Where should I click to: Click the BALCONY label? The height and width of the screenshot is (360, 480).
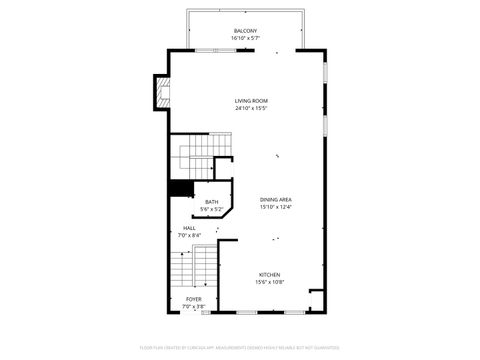pyautogui.click(x=245, y=31)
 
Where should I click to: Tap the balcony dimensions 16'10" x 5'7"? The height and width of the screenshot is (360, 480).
pyautogui.click(x=245, y=38)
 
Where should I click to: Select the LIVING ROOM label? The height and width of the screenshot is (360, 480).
pyautogui.click(x=251, y=101)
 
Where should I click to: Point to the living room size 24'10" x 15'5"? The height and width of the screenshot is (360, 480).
pyautogui.click(x=251, y=108)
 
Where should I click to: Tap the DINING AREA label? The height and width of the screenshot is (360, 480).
pyautogui.click(x=276, y=200)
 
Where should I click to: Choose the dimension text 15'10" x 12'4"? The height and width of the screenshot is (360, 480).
pyautogui.click(x=276, y=207)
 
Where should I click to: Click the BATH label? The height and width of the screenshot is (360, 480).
pyautogui.click(x=212, y=202)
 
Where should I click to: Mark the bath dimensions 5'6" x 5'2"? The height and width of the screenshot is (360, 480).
pyautogui.click(x=212, y=209)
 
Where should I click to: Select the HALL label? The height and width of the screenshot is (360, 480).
pyautogui.click(x=189, y=228)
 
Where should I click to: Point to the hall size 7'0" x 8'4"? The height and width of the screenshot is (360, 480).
pyautogui.click(x=189, y=235)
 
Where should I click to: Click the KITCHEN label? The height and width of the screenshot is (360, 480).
pyautogui.click(x=270, y=275)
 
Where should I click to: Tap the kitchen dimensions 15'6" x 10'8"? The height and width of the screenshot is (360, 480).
pyautogui.click(x=270, y=282)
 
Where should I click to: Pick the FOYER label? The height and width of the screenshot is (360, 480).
pyautogui.click(x=193, y=299)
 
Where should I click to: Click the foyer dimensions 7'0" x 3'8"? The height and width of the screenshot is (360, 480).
pyautogui.click(x=193, y=306)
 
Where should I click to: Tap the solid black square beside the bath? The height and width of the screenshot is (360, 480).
pyautogui.click(x=180, y=187)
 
